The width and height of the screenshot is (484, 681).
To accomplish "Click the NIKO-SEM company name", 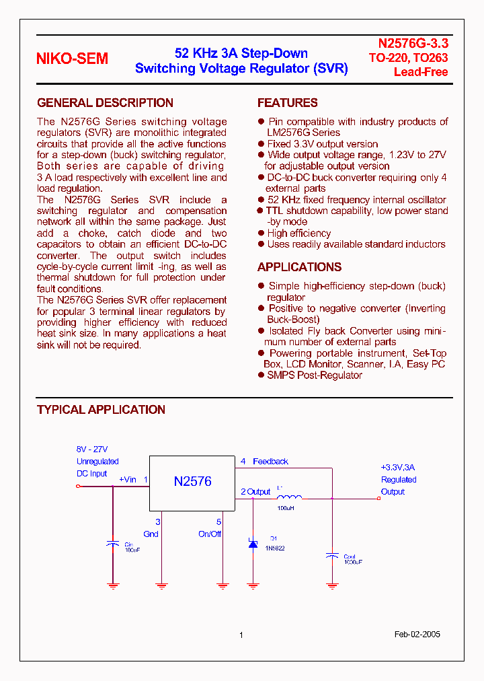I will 72,59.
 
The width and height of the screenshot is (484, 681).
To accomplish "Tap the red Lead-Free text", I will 421,72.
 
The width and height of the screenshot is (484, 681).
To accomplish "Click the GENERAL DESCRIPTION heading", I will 105,103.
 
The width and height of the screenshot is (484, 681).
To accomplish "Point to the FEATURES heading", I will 287,103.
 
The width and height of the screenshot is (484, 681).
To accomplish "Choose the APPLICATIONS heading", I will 299,267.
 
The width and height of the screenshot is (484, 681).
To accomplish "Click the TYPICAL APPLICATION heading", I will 101,410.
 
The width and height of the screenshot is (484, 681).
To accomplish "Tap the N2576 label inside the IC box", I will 192,481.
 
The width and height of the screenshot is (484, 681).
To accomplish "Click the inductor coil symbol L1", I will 289,497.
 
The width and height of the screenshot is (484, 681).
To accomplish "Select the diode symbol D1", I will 253,543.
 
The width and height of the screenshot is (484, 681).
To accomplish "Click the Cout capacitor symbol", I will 331,555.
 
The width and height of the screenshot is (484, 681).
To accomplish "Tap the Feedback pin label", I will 270,462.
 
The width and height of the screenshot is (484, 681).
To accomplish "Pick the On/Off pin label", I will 210,534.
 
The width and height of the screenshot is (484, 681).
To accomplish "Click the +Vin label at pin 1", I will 127,480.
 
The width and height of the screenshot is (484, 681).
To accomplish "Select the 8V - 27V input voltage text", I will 92,450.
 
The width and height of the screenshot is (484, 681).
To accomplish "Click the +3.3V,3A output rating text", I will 398,468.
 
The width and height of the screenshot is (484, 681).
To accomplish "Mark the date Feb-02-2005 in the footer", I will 417,635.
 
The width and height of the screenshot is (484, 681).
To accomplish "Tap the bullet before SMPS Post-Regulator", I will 261,375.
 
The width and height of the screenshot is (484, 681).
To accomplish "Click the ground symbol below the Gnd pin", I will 161,585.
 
